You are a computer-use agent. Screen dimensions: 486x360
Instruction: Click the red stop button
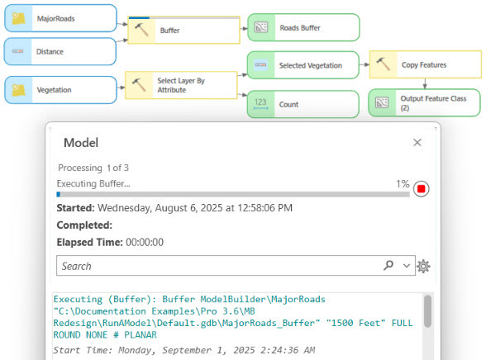pos(422,188)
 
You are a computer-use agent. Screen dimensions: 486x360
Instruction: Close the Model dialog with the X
pos(417,142)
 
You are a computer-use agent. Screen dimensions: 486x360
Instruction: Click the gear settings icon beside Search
pos(423,266)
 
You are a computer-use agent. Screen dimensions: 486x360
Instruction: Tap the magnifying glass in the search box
pos(388,265)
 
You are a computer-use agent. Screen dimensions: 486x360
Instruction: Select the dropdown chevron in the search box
pos(407,266)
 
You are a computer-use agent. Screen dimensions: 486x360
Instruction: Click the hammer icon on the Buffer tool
pos(141,30)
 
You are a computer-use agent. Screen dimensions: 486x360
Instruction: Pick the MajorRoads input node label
pos(56,18)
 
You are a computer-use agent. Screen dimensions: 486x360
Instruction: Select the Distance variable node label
pos(50,52)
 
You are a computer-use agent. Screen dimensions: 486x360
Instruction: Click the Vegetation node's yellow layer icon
pos(18,90)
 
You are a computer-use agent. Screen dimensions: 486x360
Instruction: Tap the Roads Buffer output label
pos(300,28)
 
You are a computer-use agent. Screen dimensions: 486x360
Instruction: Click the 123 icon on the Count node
pos(260,104)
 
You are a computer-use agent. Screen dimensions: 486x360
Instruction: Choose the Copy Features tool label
pos(424,65)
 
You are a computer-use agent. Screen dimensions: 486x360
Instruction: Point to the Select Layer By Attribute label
pos(181,85)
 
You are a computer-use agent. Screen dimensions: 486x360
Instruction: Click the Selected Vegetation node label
pos(311,65)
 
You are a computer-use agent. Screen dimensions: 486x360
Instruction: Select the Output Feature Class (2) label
pos(433,103)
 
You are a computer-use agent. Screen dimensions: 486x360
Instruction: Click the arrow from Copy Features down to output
pos(425,84)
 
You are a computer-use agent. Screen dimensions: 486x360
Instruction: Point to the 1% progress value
pos(403,184)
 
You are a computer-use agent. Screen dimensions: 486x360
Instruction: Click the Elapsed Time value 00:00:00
pos(145,242)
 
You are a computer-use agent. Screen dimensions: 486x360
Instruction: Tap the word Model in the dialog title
pos(81,143)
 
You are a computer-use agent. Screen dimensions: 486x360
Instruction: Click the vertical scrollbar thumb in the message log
pos(428,311)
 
